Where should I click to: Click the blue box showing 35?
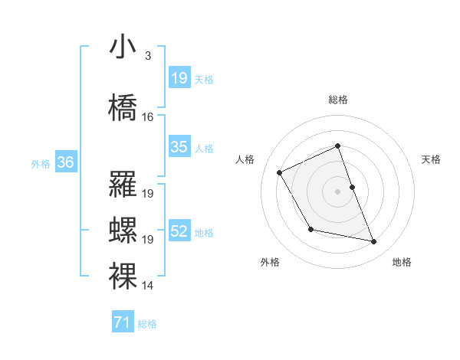pos(179,147)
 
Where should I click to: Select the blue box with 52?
pos(179,231)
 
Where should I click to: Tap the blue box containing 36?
pos(65,162)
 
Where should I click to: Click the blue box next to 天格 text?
pos(179,78)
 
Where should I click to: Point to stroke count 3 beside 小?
pos(147,56)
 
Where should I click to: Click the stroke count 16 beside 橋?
pos(148,117)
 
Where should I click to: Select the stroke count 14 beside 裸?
pos(148,286)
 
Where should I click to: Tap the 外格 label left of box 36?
pos(41,163)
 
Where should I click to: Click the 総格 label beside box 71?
pos(147,324)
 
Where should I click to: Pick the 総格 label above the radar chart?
pos(337,100)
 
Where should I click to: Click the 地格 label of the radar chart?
pos(402,262)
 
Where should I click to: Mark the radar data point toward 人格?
pos(280,172)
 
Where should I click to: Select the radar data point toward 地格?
pos(374,242)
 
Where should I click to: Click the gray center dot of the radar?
pos(337,191)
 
